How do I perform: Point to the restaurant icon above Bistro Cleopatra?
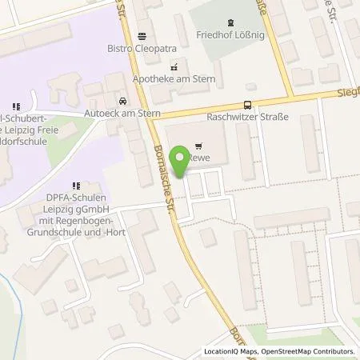[142, 35]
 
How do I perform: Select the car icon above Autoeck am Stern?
[122, 102]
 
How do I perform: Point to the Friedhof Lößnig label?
[230, 36]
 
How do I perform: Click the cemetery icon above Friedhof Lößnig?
[231, 23]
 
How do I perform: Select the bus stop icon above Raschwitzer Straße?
[247, 104]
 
